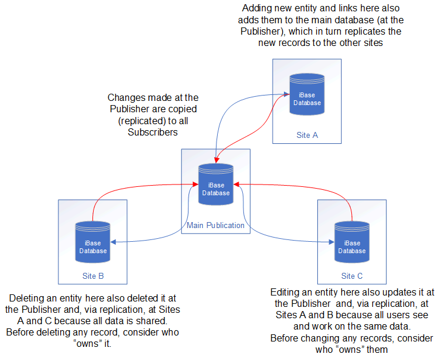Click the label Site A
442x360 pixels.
click(x=307, y=135)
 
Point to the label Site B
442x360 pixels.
click(x=93, y=276)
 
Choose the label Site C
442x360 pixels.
click(x=352, y=276)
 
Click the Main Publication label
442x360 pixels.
click(x=215, y=225)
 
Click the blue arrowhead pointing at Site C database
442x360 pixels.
click(x=330, y=242)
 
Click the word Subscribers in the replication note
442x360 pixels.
click(x=153, y=132)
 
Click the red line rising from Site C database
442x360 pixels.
click(x=352, y=206)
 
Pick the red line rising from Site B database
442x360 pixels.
click(x=94, y=206)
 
